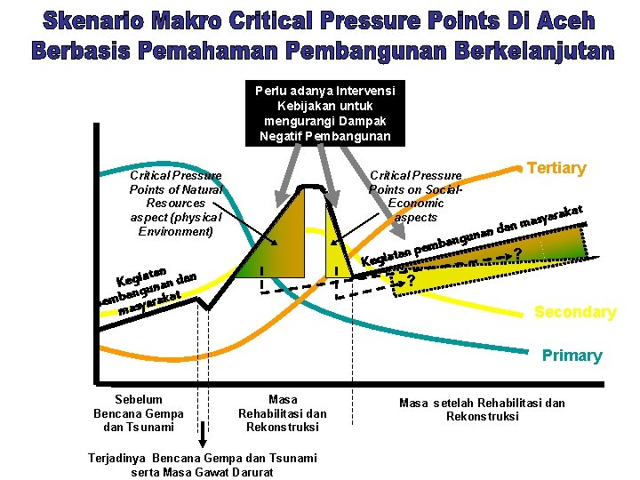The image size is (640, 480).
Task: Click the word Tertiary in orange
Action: point(556,169)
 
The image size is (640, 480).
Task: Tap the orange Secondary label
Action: point(574,312)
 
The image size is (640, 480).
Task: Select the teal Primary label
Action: point(572,356)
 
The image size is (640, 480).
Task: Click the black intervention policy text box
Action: point(324,113)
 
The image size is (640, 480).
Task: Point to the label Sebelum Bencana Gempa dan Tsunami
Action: point(138,413)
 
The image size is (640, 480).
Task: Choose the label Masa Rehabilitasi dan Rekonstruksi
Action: point(282,413)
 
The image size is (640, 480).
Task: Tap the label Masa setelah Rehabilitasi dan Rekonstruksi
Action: point(482,410)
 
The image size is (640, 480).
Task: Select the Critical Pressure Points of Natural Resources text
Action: point(175,204)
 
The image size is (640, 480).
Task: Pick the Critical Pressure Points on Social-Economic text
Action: point(415,196)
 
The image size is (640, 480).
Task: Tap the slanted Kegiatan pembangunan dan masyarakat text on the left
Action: point(147,284)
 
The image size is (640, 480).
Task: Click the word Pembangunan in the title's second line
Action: point(365,52)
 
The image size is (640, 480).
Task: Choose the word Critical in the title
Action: point(280,21)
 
